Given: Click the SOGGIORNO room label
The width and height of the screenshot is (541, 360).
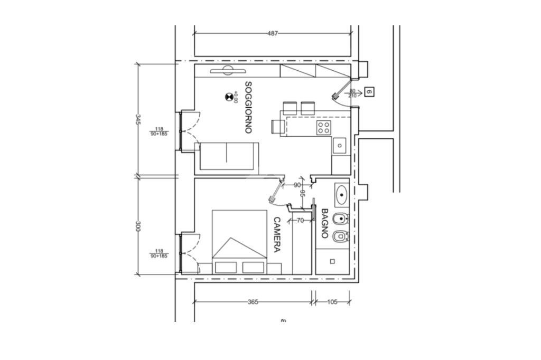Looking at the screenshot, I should click(x=248, y=107).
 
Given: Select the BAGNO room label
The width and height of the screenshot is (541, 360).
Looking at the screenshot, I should click(x=325, y=223).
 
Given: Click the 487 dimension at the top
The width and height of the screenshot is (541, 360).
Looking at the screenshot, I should click(x=272, y=33).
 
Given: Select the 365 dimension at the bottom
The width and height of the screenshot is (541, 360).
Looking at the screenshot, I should click(x=253, y=302).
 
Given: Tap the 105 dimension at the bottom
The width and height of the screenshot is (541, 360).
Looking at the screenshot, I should click(x=332, y=302).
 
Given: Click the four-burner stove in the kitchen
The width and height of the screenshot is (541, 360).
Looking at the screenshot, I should click(x=324, y=127).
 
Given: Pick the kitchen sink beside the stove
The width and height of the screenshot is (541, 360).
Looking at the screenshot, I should click(x=339, y=144).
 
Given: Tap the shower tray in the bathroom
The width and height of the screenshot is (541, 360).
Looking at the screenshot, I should click(x=332, y=261).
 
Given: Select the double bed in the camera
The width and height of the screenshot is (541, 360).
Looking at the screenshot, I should click(x=239, y=242).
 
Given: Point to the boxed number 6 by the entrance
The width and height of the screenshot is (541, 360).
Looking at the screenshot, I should click(x=369, y=92).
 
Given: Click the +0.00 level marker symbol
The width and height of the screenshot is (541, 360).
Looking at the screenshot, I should click(x=229, y=96).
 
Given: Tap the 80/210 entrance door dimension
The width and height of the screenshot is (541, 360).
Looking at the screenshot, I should click(x=352, y=93).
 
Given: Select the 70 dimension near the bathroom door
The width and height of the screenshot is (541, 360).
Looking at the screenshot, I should click(x=300, y=221).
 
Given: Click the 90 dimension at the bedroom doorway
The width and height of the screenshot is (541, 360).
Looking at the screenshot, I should click(x=297, y=185).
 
